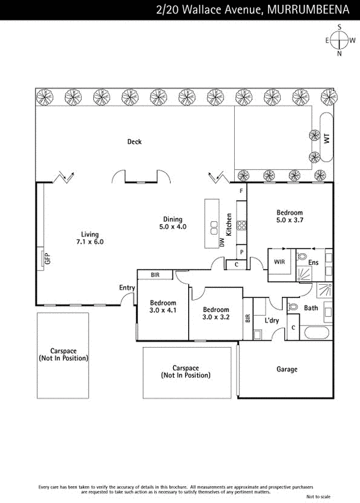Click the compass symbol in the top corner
click(340, 40)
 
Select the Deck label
click(134, 141)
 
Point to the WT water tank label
click(327, 138)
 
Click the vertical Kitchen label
click(229, 224)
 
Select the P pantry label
click(241, 252)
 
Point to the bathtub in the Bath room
click(315, 333)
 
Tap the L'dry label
click(272, 321)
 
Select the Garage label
click(286, 369)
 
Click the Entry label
click(127, 287)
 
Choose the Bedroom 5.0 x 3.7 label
click(290, 216)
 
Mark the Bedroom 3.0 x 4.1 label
click(162, 306)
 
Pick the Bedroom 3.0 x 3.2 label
click(216, 314)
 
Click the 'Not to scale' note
click(318, 497)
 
